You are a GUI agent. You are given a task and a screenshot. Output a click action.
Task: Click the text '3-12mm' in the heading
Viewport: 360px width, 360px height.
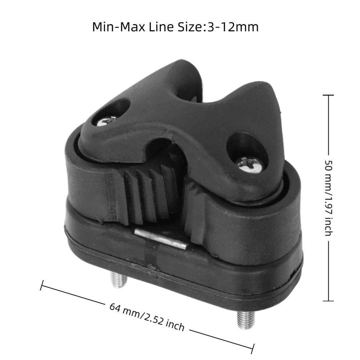[232, 27]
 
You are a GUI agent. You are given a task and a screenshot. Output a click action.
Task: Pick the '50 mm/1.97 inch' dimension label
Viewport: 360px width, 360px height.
[328, 198]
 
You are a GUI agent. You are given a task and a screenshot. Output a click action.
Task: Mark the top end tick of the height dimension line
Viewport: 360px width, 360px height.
[328, 95]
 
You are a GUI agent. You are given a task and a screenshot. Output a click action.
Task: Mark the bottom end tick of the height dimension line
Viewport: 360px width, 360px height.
[328, 301]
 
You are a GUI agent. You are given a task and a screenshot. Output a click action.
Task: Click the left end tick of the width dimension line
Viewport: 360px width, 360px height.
[42, 286]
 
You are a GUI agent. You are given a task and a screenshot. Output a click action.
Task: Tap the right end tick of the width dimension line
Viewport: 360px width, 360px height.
[253, 348]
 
